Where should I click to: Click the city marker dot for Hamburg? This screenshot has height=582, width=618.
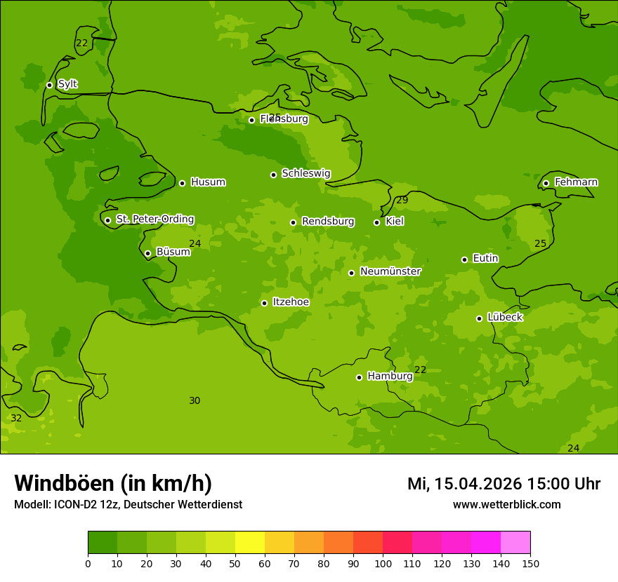click(x=359, y=377)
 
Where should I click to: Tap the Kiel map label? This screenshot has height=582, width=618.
click(x=394, y=222)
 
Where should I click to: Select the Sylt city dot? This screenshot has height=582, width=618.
click(x=49, y=85)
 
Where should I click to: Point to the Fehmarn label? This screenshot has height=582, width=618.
click(x=576, y=182)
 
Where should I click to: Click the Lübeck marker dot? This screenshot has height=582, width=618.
click(x=479, y=318)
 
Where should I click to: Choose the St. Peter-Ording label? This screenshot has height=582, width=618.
click(x=154, y=219)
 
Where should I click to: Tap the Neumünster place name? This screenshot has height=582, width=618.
click(x=390, y=271)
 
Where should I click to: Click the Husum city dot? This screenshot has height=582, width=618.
click(x=182, y=183)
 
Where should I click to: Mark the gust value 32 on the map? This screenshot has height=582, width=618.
click(x=16, y=419)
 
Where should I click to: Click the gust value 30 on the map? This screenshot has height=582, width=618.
click(x=195, y=401)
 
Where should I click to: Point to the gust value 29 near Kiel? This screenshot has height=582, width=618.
click(x=402, y=201)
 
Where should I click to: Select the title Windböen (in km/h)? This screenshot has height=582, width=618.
click(x=113, y=483)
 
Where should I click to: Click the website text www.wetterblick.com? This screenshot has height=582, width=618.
click(x=506, y=505)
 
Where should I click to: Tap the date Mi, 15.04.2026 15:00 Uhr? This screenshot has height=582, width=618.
click(x=504, y=484)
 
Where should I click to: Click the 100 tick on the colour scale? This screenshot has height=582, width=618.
click(x=383, y=563)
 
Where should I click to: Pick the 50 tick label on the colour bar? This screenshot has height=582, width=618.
click(x=235, y=563)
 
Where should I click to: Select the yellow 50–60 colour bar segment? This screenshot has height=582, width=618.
click(x=250, y=543)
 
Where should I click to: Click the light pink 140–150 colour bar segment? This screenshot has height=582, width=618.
click(x=515, y=543)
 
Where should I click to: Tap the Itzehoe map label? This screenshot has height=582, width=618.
click(x=291, y=302)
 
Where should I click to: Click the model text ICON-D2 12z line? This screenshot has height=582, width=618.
click(x=128, y=505)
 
